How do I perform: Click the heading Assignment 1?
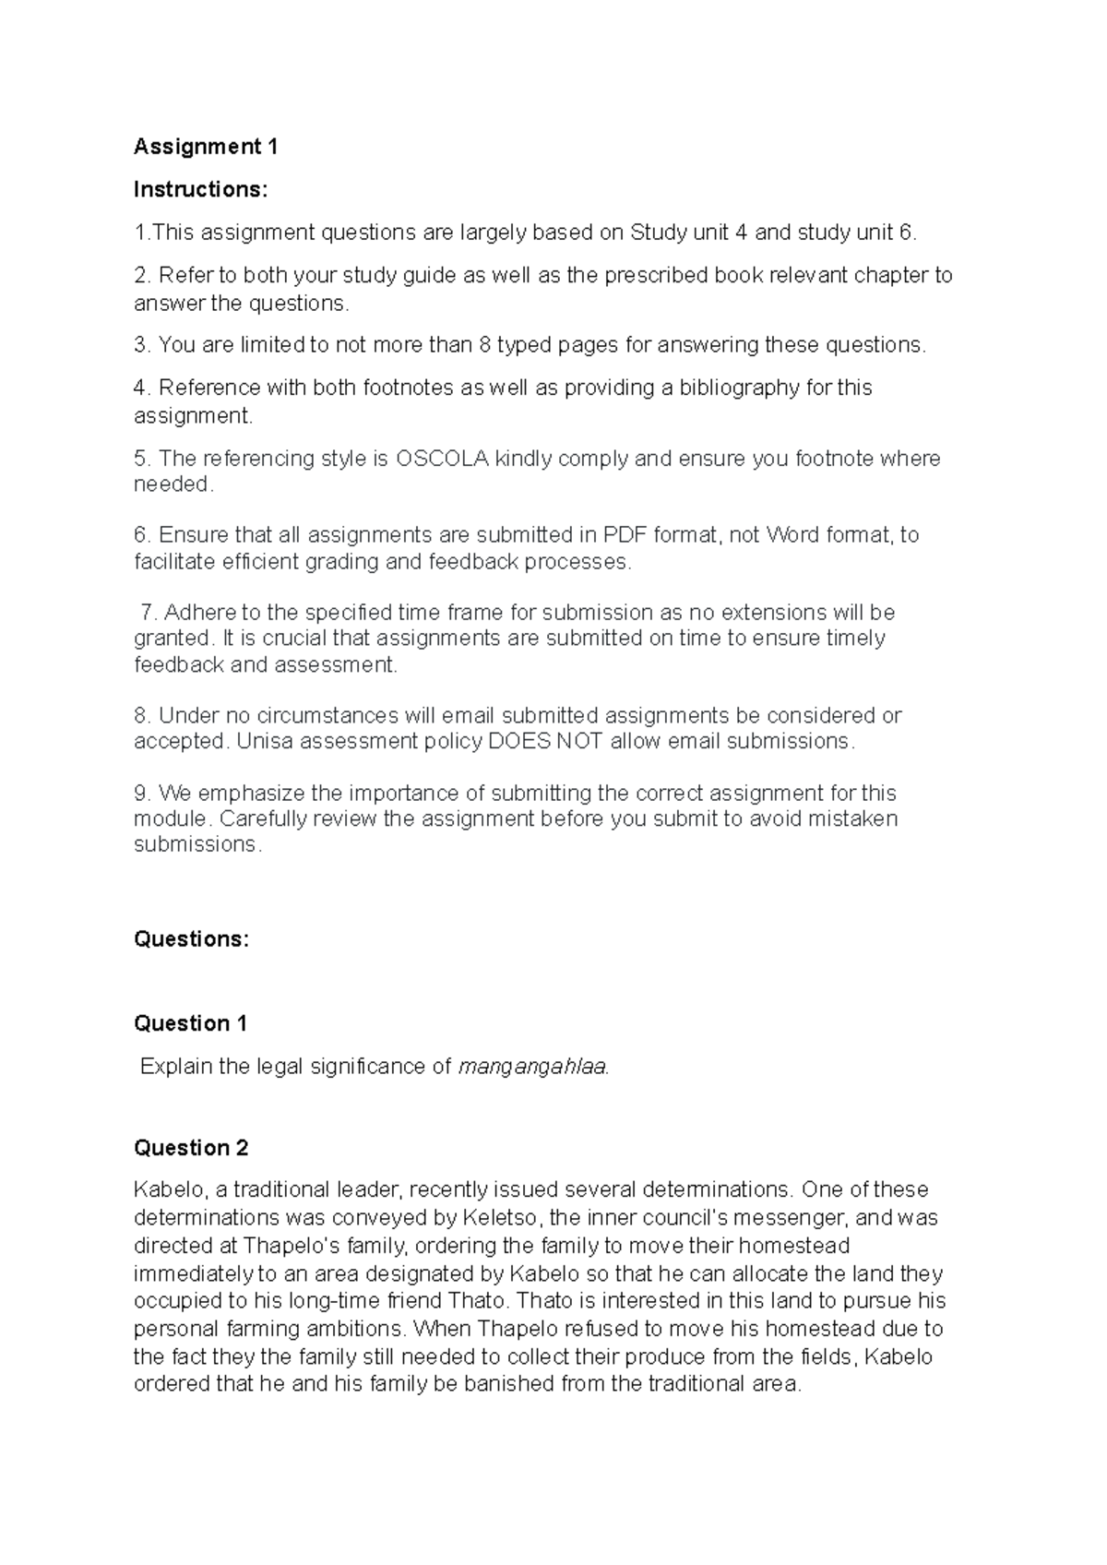click(205, 147)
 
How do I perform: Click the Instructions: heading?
click(200, 189)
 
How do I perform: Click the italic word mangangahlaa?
click(533, 1068)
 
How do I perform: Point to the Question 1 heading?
click(190, 1023)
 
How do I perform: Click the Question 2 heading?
click(191, 1148)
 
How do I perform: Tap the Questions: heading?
click(191, 939)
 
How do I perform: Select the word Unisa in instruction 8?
click(262, 741)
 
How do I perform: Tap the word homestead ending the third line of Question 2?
click(792, 1246)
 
